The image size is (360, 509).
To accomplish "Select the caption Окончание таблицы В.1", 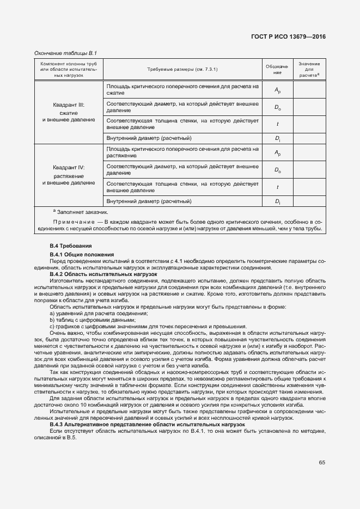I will click(x=65, y=53).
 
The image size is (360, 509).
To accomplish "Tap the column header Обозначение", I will click(x=277, y=69).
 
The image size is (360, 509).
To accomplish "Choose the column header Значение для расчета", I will click(x=310, y=70).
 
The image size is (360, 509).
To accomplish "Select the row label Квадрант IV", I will click(x=69, y=168).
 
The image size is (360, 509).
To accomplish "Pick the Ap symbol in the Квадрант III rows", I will click(x=277, y=90).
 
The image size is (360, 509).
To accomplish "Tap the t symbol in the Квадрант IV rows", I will click(x=277, y=187).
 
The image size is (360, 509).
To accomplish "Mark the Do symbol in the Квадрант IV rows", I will click(x=277, y=170).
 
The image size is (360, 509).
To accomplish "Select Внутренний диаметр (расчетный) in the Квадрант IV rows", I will click(x=149, y=201).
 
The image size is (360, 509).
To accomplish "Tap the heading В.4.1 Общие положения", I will click(x=82, y=255).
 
